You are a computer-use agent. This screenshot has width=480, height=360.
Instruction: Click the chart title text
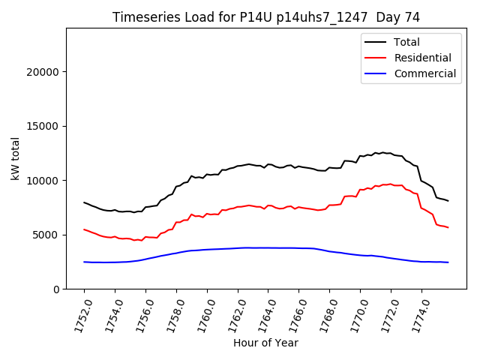pos(265,17)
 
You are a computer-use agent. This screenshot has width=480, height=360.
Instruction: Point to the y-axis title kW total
pos(15,158)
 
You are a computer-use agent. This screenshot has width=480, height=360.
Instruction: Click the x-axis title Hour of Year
pos(265,343)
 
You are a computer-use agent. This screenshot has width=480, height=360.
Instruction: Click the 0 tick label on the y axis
pos(56,289)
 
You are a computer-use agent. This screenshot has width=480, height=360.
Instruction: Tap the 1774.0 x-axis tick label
pos(414,313)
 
